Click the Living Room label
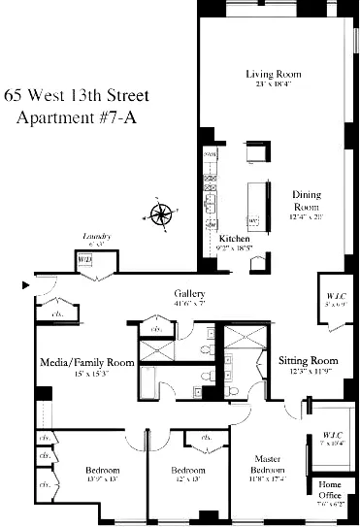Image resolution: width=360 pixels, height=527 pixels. click(273, 74)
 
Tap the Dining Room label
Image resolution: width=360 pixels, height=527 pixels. click(307, 200)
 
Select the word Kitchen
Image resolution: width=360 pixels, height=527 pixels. click(235, 238)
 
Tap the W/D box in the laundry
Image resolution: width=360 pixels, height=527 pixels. click(84, 260)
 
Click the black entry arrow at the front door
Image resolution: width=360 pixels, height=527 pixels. click(26, 285)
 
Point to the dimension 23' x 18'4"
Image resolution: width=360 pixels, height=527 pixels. click(273, 84)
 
